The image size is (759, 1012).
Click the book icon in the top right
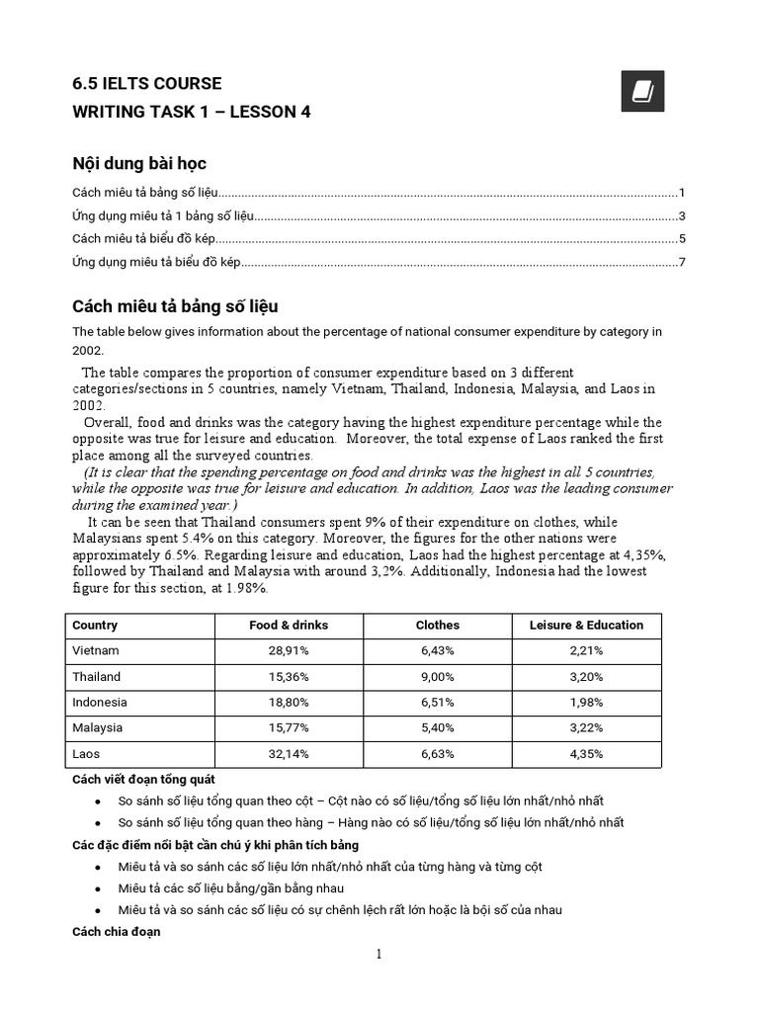pyautogui.click(x=643, y=92)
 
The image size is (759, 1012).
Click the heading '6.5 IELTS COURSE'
pyautogui.click(x=147, y=83)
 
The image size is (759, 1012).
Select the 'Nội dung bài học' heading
pyautogui.click(x=139, y=163)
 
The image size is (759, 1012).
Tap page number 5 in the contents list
pyautogui.click(x=682, y=239)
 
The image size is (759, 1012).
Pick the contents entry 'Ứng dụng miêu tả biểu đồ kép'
pyautogui.click(x=156, y=262)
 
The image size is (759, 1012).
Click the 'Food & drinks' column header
pyautogui.click(x=289, y=626)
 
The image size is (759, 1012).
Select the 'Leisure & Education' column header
pyautogui.click(x=586, y=626)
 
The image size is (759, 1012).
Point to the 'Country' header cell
pyautogui.click(x=95, y=626)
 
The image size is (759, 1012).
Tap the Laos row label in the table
pyautogui.click(x=86, y=754)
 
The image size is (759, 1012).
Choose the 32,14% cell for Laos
pyautogui.click(x=289, y=754)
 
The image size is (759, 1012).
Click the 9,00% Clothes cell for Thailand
pyautogui.click(x=437, y=677)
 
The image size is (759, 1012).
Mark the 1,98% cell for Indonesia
pyautogui.click(x=586, y=703)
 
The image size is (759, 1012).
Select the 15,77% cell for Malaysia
pyautogui.click(x=289, y=728)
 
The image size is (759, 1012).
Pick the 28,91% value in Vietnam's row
pyautogui.click(x=289, y=651)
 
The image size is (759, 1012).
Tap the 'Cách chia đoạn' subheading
pyautogui.click(x=116, y=932)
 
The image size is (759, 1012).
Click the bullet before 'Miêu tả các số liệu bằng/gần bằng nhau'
pyautogui.click(x=97, y=888)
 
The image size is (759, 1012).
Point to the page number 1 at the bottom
pyautogui.click(x=378, y=955)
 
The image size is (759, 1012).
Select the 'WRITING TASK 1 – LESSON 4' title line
pyautogui.click(x=192, y=112)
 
